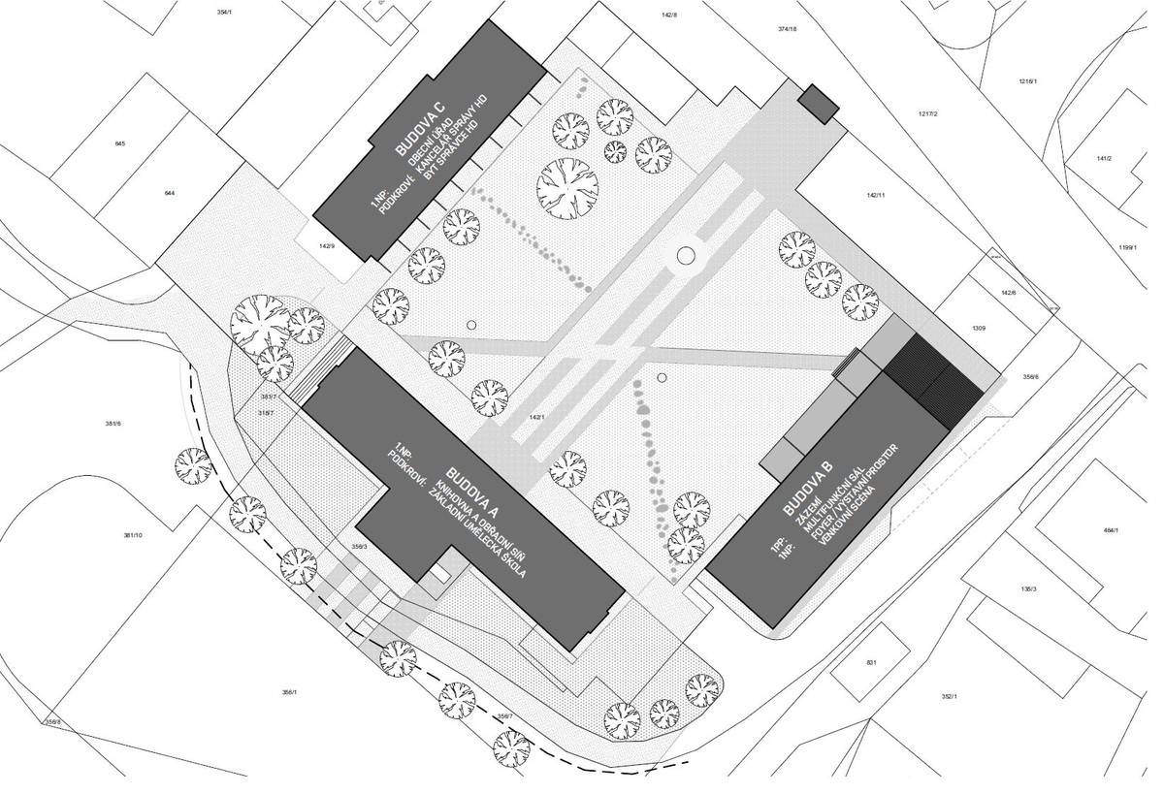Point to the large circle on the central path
[x=686, y=256]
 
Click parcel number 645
[x=120, y=143]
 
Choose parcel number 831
[x=871, y=662]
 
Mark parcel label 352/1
[x=949, y=697]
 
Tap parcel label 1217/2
[x=926, y=114]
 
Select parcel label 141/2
[x=1104, y=158]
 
